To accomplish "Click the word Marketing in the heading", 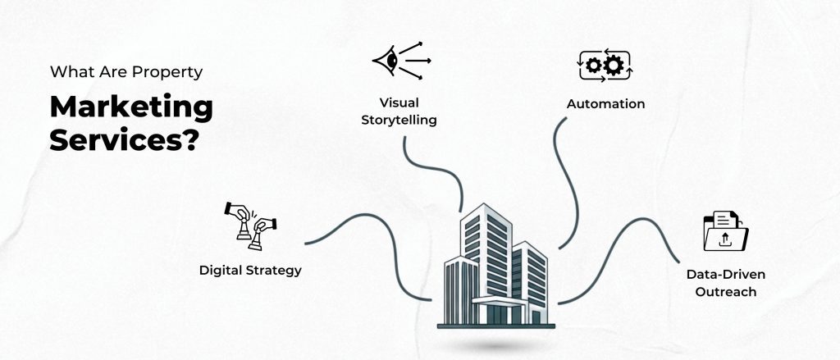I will click(131, 108).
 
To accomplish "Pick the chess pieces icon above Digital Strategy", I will click(250, 221).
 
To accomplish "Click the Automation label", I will click(605, 104).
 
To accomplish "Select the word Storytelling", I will click(396, 120).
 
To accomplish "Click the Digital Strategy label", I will click(250, 269).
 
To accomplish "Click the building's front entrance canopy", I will click(498, 302).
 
